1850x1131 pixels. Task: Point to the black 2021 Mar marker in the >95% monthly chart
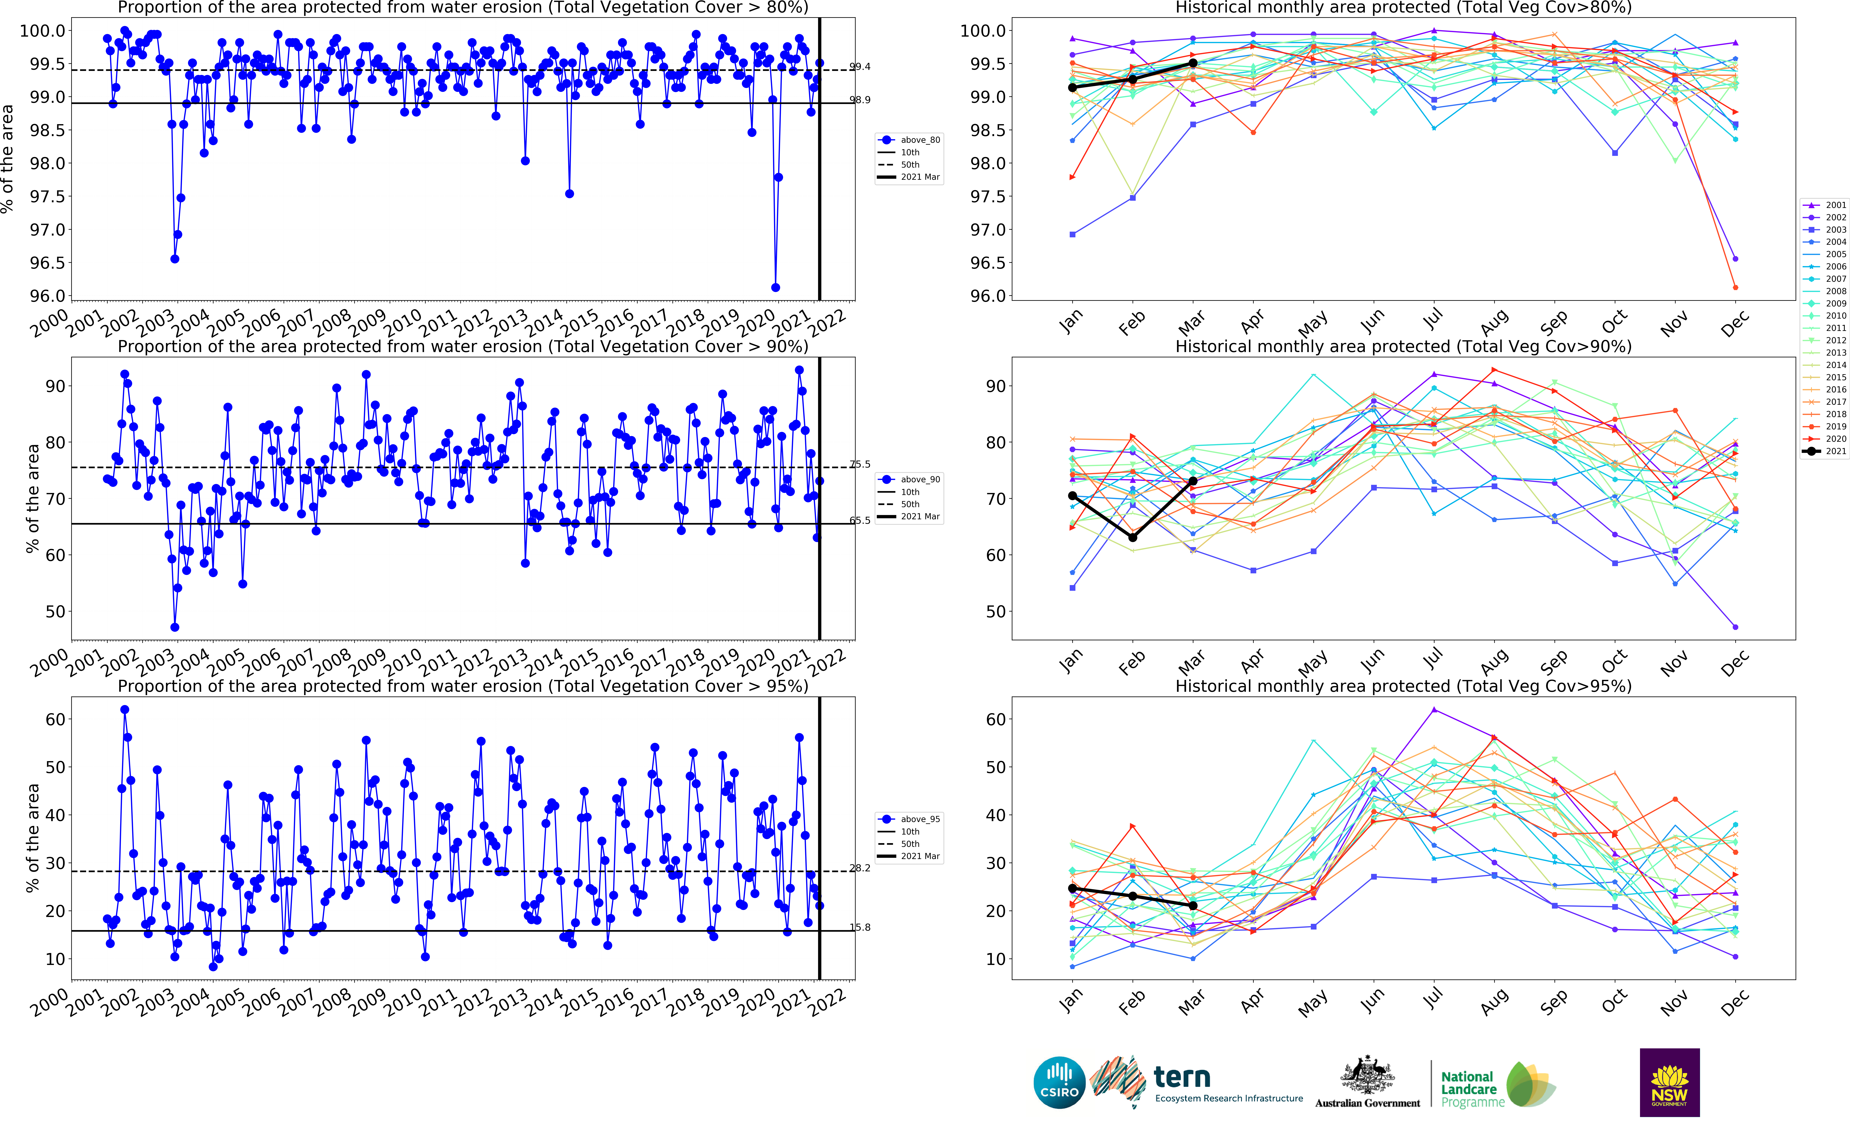coord(1193,906)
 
